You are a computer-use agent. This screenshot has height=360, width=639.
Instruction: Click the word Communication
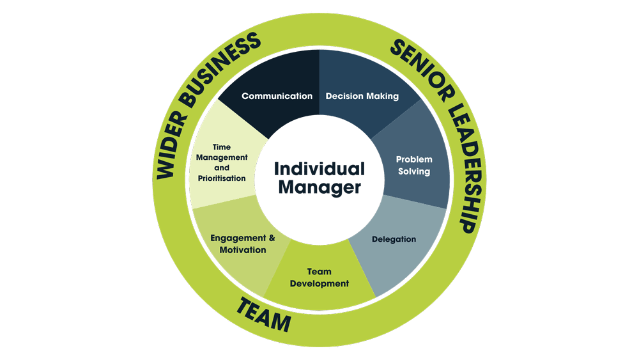pos(277,96)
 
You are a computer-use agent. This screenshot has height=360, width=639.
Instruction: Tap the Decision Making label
pos(362,97)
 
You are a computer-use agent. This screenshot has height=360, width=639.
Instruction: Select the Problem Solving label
pos(414,165)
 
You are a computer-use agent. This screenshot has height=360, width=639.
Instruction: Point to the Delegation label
pos(394,239)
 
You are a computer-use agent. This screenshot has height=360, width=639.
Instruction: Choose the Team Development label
pos(319,278)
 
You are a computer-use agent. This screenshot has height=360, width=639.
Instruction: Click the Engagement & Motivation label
pos(243,244)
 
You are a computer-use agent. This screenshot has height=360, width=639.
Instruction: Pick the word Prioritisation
pos(222,178)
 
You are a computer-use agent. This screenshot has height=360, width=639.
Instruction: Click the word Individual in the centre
pos(319,169)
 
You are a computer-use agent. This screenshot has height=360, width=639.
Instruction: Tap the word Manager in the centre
pos(319,187)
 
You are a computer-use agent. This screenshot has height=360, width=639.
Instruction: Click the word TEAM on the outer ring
pos(264,315)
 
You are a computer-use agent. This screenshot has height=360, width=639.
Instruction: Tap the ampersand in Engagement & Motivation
pos(272,238)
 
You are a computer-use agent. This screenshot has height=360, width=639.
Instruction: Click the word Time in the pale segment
pos(222,147)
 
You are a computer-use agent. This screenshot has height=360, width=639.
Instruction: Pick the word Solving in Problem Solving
pos(414,171)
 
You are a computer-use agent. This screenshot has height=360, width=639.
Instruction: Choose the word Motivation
pos(243,250)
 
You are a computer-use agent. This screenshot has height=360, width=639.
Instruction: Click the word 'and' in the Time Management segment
pos(222,168)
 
